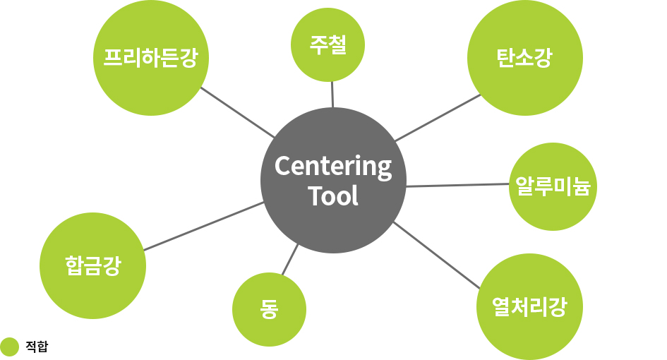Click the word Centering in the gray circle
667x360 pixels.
click(332, 167)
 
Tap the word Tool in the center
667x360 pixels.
click(333, 196)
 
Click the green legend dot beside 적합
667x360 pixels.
click(9, 347)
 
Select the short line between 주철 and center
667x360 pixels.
click(332, 95)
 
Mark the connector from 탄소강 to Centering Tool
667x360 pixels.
click(438, 117)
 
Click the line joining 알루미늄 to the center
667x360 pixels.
click(457, 185)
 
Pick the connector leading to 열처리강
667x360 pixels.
click(436, 255)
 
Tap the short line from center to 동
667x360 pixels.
click(290, 259)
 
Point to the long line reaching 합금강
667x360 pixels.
click(203, 226)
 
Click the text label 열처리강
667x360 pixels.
click(529, 307)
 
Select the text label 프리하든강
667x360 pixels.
click(150, 58)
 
